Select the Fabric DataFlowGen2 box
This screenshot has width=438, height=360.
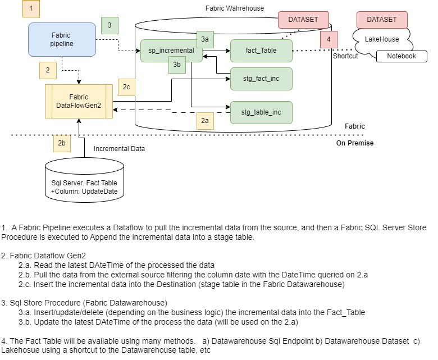coord(79,101)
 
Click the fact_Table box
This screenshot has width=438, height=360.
coord(261,51)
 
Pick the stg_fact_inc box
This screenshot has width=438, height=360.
coord(261,79)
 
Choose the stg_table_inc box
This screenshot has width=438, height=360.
coord(261,112)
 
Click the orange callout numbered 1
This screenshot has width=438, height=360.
coord(31,8)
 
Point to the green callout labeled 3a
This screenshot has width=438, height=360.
coord(204,39)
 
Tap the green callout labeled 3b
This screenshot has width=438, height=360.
coord(177,65)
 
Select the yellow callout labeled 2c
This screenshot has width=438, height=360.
coord(127,86)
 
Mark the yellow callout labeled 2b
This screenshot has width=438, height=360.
coord(62,143)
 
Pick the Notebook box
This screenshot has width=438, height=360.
coord(401,56)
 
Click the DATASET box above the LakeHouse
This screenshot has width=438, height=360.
coord(381,20)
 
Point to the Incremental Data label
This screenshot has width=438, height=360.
coord(119,149)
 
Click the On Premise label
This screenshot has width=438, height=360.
coord(354,143)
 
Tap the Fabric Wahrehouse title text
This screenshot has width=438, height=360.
coord(235,8)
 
